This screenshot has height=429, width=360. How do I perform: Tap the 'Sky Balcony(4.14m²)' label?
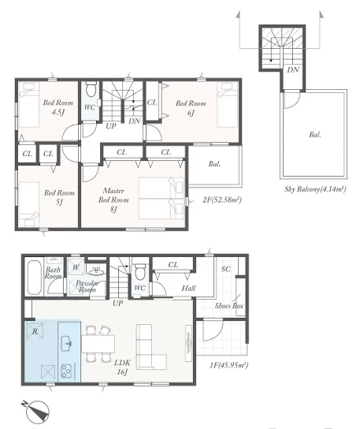click(315, 189)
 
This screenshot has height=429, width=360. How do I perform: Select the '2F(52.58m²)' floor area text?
click(222, 200)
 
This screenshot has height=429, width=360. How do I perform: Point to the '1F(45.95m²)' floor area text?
click(228, 365)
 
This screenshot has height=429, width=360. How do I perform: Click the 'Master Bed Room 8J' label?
click(113, 200)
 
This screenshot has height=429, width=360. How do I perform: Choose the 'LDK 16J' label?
click(122, 367)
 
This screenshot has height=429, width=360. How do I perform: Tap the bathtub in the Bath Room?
click(35, 278)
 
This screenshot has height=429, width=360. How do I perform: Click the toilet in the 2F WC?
click(91, 89)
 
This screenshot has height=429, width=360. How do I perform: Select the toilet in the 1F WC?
click(140, 271)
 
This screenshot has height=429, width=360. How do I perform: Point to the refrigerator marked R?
click(35, 331)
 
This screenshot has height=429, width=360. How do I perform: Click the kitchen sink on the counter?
click(67, 343)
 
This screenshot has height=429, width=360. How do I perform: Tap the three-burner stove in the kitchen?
click(66, 371)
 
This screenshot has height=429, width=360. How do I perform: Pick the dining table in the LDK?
click(98, 344)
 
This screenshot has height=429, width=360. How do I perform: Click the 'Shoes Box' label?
click(229, 306)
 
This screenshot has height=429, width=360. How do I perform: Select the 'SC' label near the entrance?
click(226, 269)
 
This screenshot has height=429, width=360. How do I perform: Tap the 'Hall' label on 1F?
click(188, 288)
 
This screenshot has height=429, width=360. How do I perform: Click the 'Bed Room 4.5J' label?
click(58, 107)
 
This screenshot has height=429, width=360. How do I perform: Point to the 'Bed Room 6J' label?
click(191, 108)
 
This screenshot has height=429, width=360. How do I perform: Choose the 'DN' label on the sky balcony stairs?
click(293, 70)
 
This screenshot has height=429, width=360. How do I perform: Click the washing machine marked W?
click(76, 267)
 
